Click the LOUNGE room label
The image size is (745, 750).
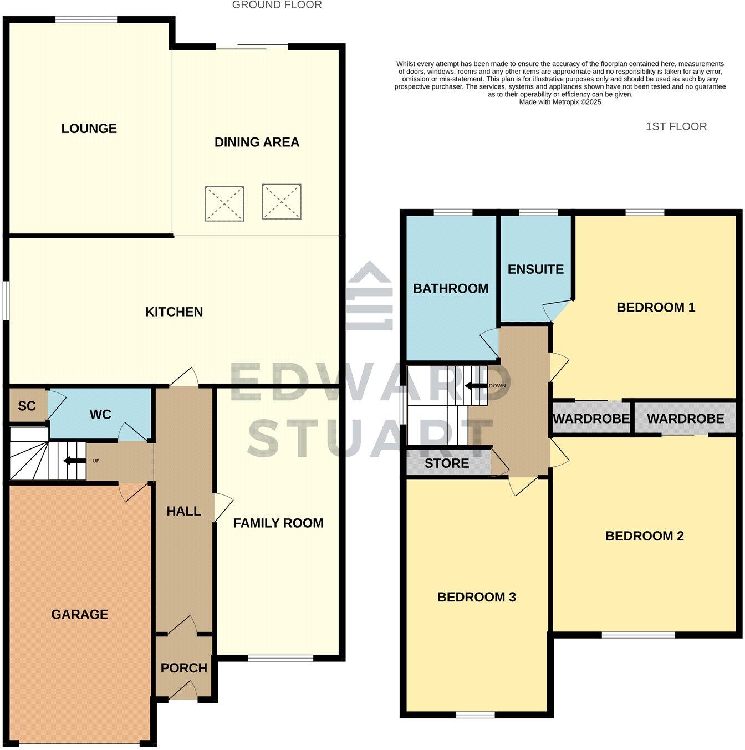[89, 129]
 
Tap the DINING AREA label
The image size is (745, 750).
[257, 142]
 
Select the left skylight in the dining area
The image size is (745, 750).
[224, 203]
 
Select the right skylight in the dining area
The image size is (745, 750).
[282, 201]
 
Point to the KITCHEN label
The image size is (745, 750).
[174, 312]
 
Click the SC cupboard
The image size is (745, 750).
[27, 406]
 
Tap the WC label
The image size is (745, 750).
[100, 415]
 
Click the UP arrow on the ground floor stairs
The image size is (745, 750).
[70, 461]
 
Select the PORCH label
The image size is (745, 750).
[184, 668]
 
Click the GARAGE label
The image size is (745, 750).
[80, 614]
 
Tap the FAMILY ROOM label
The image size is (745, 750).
[278, 523]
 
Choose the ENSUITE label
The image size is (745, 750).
[535, 269]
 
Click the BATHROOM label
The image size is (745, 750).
[451, 288]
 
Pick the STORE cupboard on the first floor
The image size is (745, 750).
[447, 463]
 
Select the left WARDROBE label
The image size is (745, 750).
[591, 419]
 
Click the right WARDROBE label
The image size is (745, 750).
[685, 419]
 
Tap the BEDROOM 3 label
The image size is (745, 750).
[477, 597]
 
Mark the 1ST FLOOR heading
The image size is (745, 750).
[676, 126]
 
